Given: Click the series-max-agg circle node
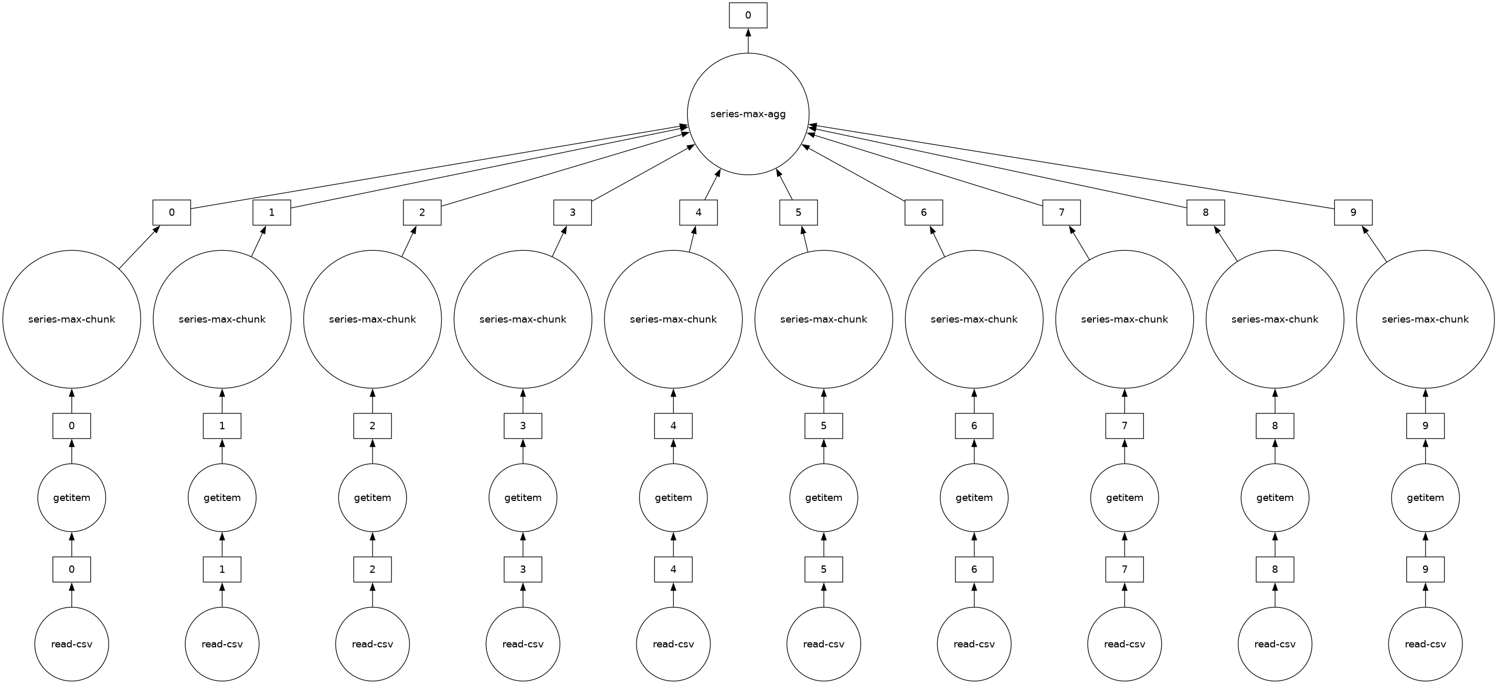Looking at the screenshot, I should click(x=748, y=114).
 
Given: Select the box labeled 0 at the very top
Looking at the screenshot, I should click(x=748, y=15).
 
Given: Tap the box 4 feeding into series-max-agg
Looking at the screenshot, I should click(x=698, y=212).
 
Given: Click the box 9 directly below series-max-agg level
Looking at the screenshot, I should click(x=1353, y=212).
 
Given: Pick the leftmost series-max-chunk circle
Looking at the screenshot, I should click(x=71, y=319).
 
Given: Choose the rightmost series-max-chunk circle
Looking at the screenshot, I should click(x=1425, y=319).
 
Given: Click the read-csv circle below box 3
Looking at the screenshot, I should click(x=523, y=644).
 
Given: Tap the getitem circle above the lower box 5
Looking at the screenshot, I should click(x=823, y=497).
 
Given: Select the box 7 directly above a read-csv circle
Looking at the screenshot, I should click(x=1124, y=569).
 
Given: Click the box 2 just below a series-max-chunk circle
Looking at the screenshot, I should click(x=373, y=425).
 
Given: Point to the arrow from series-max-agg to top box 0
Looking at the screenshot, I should click(x=748, y=41).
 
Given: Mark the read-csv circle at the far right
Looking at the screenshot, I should click(x=1425, y=644).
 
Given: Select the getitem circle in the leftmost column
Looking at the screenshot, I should click(x=71, y=497).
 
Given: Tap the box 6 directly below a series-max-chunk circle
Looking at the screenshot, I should click(x=974, y=425).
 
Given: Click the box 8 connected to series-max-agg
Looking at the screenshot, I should click(x=1205, y=212).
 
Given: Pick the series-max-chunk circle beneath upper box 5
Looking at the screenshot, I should click(x=823, y=319).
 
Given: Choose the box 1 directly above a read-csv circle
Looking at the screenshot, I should click(x=222, y=569).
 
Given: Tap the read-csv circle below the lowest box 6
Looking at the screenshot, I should click(x=974, y=644).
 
